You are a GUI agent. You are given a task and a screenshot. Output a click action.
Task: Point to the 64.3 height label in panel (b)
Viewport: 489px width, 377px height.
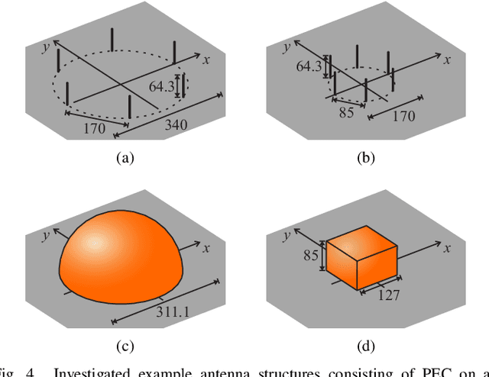click(309, 66)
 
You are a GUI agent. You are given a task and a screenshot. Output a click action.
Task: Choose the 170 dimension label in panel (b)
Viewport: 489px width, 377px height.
click(403, 116)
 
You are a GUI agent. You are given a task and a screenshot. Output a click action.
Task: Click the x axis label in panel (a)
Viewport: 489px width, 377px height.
click(206, 58)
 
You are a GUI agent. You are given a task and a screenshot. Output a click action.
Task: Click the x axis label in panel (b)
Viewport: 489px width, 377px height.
click(447, 58)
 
